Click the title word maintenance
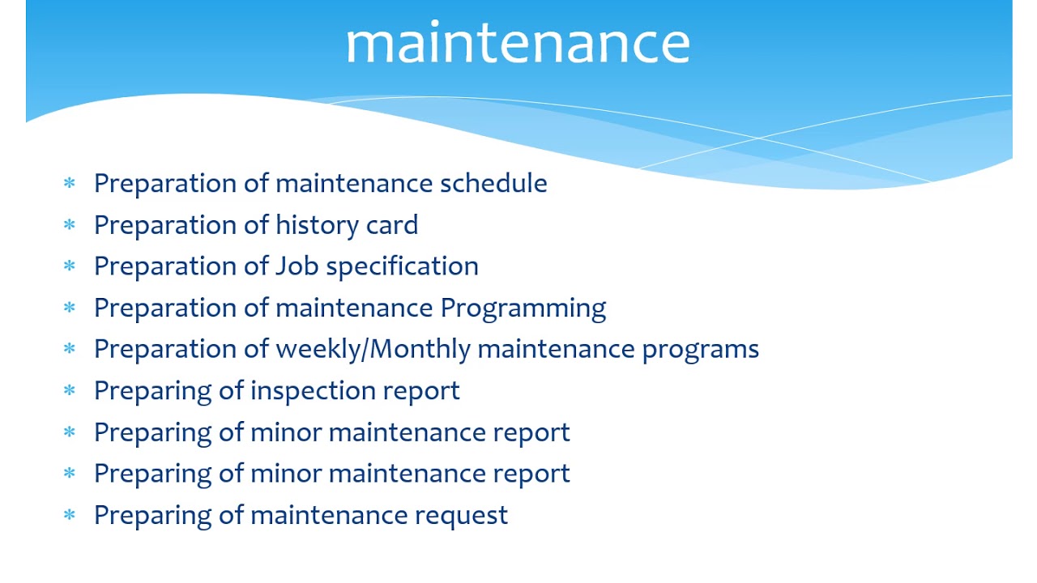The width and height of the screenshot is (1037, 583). pyautogui.click(x=518, y=43)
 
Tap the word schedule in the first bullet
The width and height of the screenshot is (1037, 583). pyautogui.click(x=493, y=183)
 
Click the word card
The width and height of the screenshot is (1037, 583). pyautogui.click(x=392, y=225)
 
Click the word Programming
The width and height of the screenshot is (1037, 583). pyautogui.click(x=523, y=309)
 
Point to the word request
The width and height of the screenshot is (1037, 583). pyautogui.click(x=461, y=516)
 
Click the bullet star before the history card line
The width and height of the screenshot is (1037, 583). pyautogui.click(x=69, y=225)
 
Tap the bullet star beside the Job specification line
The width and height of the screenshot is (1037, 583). pyautogui.click(x=69, y=266)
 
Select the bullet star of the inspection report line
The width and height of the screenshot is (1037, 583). pyautogui.click(x=69, y=391)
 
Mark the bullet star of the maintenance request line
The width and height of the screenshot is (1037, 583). pyautogui.click(x=69, y=515)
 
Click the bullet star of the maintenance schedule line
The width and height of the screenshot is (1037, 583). pyautogui.click(x=69, y=183)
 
